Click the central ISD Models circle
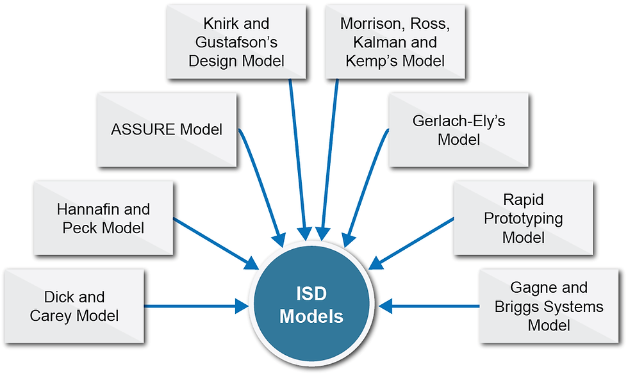(x=311, y=305)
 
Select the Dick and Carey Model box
(x=74, y=306)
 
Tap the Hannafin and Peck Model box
(x=103, y=218)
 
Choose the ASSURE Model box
(x=167, y=130)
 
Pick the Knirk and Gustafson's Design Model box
(x=236, y=42)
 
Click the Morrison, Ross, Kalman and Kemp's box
(x=395, y=42)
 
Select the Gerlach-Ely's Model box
(x=459, y=130)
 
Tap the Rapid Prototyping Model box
(x=524, y=218)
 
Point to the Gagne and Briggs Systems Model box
(x=549, y=306)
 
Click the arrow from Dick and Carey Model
(x=196, y=306)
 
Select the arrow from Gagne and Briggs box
(x=429, y=306)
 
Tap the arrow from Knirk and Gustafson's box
(x=297, y=160)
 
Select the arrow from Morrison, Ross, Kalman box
(x=329, y=160)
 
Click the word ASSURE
(x=143, y=130)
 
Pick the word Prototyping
(x=524, y=219)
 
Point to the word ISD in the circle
(x=311, y=293)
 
